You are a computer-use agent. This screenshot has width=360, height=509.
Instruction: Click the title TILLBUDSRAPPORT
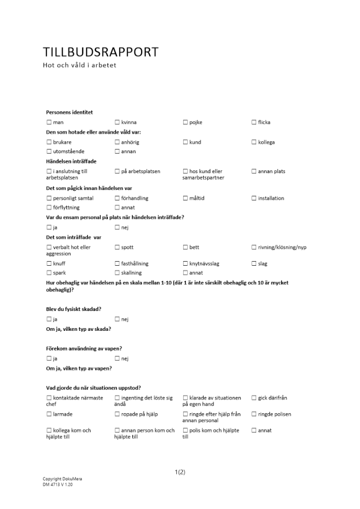(x=100, y=52)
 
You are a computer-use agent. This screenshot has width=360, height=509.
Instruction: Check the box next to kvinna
(x=117, y=122)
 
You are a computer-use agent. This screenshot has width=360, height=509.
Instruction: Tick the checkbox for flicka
(x=254, y=122)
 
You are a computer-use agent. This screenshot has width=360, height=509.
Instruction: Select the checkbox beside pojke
(x=185, y=122)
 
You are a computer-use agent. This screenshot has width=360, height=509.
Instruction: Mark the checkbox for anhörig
(x=117, y=142)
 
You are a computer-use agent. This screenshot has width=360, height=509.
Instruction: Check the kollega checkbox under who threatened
(x=254, y=142)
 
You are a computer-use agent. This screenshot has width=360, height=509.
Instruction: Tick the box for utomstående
(x=49, y=151)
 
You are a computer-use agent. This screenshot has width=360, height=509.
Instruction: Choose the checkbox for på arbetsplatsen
(x=117, y=172)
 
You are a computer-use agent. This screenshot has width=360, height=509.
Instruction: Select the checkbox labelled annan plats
(x=254, y=172)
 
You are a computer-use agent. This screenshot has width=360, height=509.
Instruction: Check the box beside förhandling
(x=117, y=198)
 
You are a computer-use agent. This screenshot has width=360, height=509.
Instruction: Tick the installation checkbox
(x=254, y=198)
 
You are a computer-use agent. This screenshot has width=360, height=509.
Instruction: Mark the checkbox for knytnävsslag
(x=185, y=264)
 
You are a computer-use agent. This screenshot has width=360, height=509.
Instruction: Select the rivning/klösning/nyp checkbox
(x=254, y=247)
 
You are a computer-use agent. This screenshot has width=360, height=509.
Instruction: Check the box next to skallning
(x=117, y=273)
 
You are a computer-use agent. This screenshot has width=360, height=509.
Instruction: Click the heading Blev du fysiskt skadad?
(x=73, y=309)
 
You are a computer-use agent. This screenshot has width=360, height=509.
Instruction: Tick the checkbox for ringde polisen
(x=254, y=414)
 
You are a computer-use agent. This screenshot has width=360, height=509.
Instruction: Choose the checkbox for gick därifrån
(x=254, y=398)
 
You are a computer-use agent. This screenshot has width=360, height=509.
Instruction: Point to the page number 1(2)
(x=180, y=472)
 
